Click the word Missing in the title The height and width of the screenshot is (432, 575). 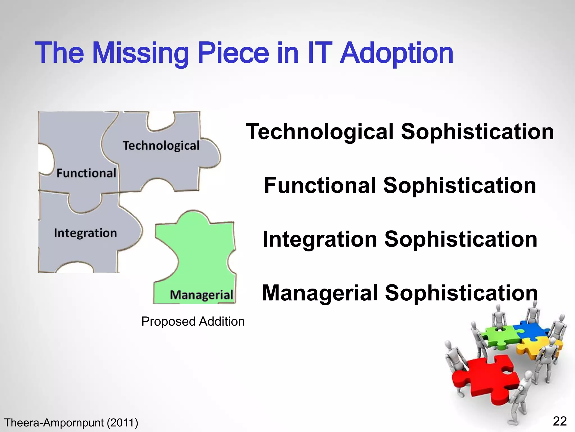click(x=140, y=53)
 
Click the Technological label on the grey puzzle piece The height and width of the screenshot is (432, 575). click(x=161, y=146)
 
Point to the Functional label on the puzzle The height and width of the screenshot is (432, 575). click(x=86, y=173)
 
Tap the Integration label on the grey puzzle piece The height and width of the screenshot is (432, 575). click(x=85, y=233)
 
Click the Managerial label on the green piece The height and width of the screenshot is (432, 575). click(x=202, y=295)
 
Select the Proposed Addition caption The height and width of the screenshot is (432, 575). click(x=193, y=321)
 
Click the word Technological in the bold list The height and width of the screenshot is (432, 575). click(x=320, y=132)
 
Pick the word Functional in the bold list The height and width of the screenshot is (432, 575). click(x=320, y=186)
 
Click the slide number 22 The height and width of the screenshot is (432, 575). click(x=560, y=421)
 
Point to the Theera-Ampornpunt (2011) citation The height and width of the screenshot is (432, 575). click(x=71, y=423)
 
